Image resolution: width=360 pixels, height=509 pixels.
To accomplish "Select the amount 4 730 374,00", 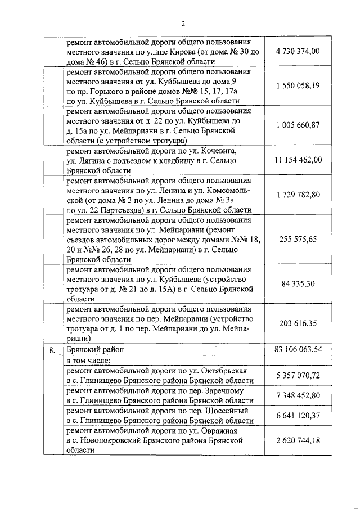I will [x=298, y=51].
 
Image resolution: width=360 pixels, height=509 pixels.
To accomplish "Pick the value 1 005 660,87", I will [x=298, y=124].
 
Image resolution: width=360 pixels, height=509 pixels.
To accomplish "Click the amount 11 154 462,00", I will [x=298, y=160].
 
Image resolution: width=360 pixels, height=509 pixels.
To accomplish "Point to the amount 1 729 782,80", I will [x=298, y=194].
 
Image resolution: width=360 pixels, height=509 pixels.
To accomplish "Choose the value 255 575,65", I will [x=298, y=239].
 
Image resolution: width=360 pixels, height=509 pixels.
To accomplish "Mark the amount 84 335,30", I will [x=298, y=283].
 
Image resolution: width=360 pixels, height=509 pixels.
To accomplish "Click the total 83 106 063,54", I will [x=298, y=349].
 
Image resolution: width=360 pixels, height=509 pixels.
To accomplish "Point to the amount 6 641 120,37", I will [x=298, y=415].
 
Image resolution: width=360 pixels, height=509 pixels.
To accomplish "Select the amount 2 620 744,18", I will [x=298, y=440].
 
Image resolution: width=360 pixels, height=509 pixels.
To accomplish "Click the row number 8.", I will [x=52, y=350].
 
